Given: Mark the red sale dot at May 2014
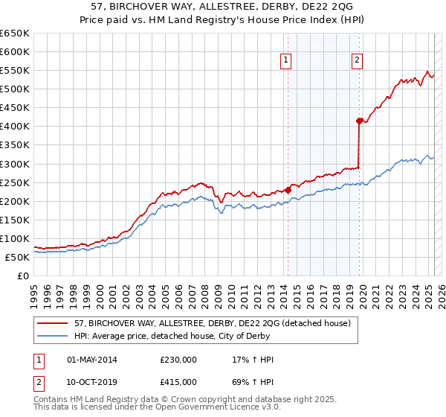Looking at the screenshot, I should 288,190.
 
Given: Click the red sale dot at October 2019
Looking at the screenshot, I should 359,121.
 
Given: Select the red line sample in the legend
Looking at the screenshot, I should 52,323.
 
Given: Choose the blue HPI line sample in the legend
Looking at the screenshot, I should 52,335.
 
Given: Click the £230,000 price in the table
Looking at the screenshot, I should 178,360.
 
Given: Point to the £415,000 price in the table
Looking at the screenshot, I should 178,381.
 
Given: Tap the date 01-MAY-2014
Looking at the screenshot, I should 92,360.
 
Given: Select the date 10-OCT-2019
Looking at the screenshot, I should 92,381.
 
